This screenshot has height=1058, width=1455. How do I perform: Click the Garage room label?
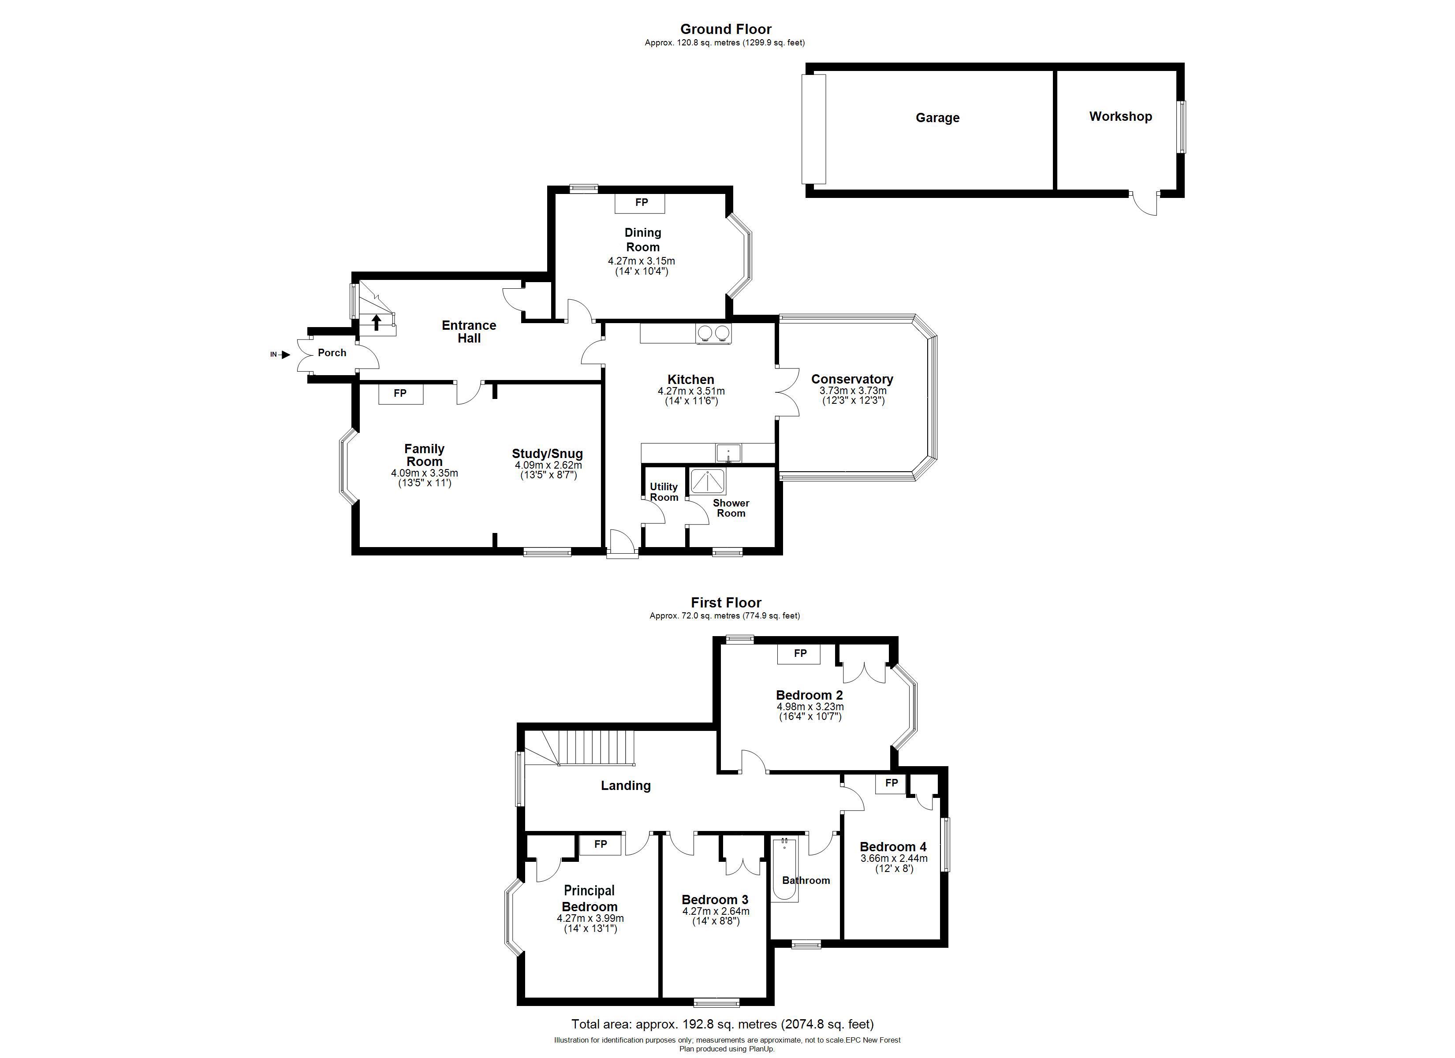coord(937,117)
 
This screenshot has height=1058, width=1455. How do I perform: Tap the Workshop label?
coord(1120,116)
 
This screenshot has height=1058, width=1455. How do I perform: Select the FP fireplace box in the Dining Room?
coord(640,203)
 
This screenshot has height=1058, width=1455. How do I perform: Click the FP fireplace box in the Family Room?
coord(400,394)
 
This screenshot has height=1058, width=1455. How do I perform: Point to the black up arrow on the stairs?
coord(377,322)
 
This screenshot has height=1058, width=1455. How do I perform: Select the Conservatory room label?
coord(852,379)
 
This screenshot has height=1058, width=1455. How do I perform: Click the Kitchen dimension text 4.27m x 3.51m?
coord(691,391)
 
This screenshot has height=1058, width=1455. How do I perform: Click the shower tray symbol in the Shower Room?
coord(708,482)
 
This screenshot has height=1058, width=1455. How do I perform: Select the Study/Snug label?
coord(547,454)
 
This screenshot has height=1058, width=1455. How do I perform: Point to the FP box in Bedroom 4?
coord(891,783)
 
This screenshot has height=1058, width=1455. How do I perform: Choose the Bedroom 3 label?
coord(715,900)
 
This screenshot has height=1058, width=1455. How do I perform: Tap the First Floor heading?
coord(726,603)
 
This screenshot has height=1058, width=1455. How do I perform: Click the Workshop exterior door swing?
coord(1145,203)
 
